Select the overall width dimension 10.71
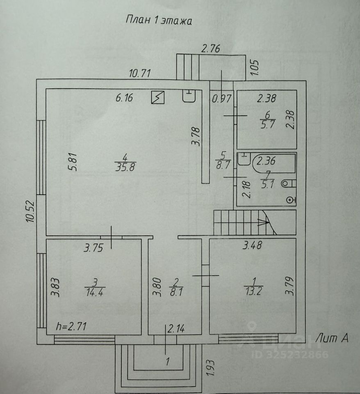click(141, 74)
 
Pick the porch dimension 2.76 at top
click(211, 49)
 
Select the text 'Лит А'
click(332, 338)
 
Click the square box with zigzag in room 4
click(158, 98)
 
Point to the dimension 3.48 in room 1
click(253, 246)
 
